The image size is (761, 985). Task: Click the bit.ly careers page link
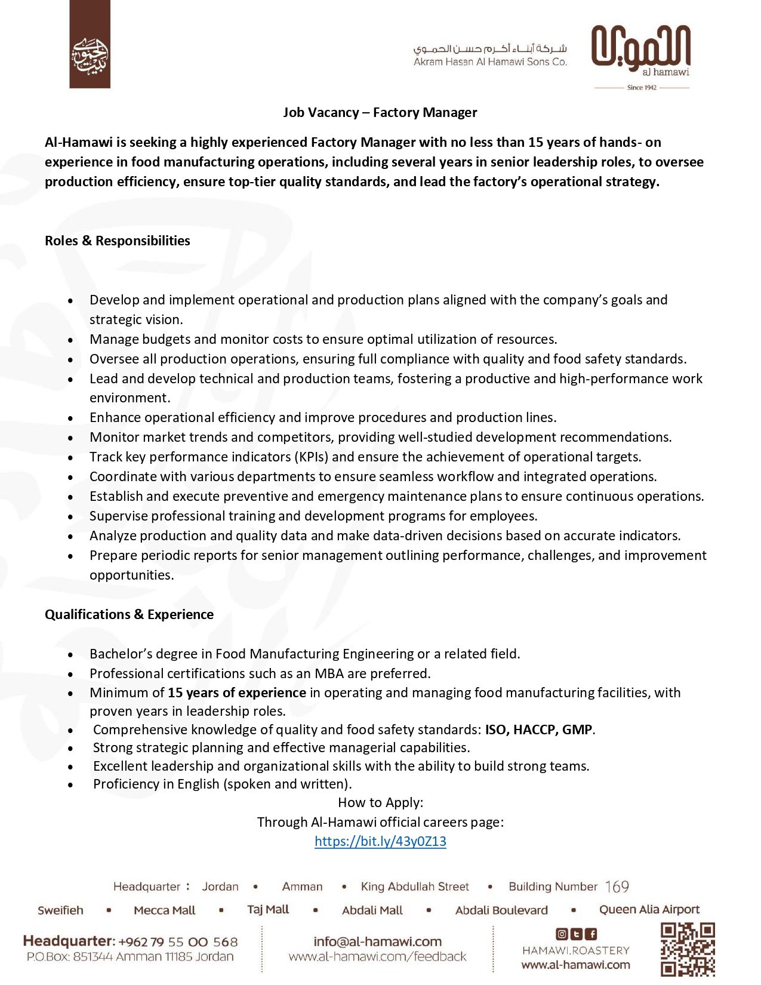[380, 841]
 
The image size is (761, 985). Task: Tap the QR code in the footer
[688, 950]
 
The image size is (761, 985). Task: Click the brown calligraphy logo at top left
[90, 44]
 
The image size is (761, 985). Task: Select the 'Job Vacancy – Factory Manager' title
[380, 112]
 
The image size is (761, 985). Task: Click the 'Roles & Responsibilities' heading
[118, 241]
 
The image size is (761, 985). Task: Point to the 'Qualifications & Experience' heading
[129, 614]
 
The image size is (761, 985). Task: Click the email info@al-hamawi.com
[377, 941]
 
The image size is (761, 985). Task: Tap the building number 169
[617, 886]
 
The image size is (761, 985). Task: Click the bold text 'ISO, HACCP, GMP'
[538, 729]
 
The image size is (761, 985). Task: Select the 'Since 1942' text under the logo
[642, 88]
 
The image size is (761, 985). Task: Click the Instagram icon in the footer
[562, 934]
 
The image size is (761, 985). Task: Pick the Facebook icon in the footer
[591, 934]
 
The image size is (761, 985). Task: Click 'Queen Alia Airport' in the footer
[649, 909]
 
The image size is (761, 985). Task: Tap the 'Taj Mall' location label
[268, 909]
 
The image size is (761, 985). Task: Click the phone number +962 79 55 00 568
[178, 942]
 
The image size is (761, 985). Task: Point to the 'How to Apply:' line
[380, 802]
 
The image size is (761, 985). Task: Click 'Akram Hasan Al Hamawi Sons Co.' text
[490, 61]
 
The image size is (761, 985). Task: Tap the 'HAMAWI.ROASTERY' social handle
[576, 950]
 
